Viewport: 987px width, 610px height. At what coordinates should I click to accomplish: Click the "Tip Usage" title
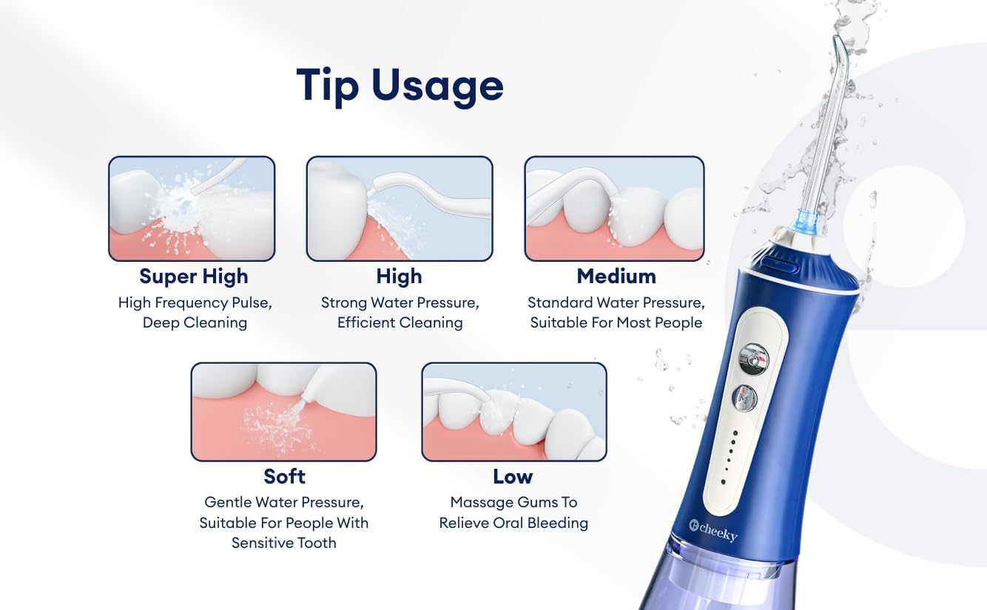point(400,85)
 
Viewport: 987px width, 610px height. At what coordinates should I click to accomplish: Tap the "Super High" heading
point(194,277)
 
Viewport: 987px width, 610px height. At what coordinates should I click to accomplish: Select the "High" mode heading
point(399,277)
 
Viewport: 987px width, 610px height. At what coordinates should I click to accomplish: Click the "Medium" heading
point(616,277)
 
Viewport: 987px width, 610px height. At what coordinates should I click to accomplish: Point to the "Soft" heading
point(284,475)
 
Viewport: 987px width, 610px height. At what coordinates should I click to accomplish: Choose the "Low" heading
point(513,475)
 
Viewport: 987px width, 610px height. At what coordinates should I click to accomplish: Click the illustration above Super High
point(192,209)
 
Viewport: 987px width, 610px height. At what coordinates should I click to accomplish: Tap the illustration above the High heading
point(399,209)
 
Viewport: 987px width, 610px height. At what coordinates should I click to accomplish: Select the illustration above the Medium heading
point(614,209)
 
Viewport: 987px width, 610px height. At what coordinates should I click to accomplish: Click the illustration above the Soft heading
point(283,411)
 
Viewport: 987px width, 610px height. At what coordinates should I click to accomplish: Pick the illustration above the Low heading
point(513,411)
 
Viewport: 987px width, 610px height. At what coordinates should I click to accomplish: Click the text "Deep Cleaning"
point(195,322)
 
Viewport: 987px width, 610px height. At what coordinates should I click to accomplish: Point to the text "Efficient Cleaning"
point(400,322)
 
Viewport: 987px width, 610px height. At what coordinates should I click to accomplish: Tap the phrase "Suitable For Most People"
point(616,322)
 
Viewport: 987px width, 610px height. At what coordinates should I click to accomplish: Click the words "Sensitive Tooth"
point(283,543)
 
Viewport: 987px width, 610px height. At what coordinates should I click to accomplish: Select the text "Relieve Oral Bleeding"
point(513,523)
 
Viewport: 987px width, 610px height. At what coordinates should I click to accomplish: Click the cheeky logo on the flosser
point(713,530)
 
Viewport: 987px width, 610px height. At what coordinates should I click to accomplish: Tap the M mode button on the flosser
point(744,399)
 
